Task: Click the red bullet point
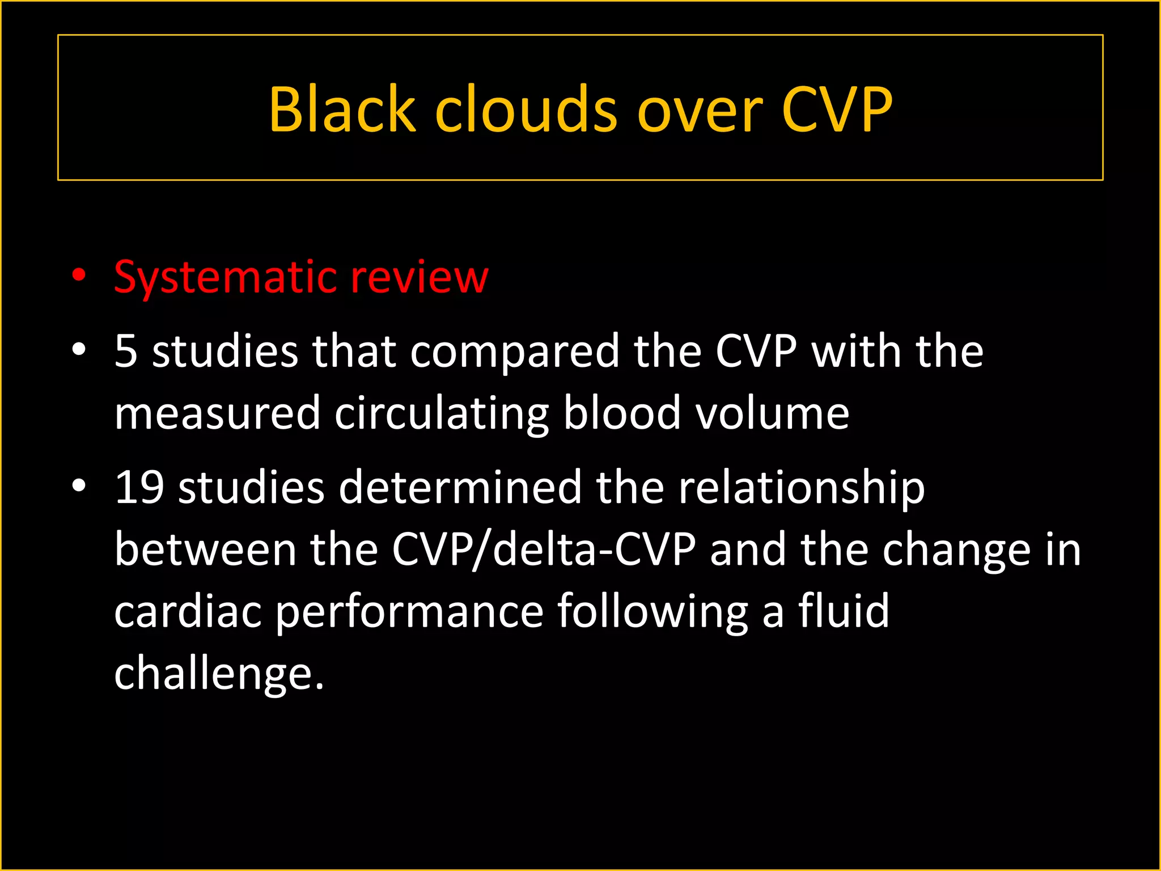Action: tap(79, 276)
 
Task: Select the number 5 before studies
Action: tap(125, 351)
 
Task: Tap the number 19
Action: tap(139, 487)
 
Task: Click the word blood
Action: tap(621, 413)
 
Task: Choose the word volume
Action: tap(772, 413)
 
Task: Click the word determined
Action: tap(460, 487)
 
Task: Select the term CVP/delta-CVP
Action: tap(543, 550)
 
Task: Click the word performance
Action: tap(409, 612)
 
